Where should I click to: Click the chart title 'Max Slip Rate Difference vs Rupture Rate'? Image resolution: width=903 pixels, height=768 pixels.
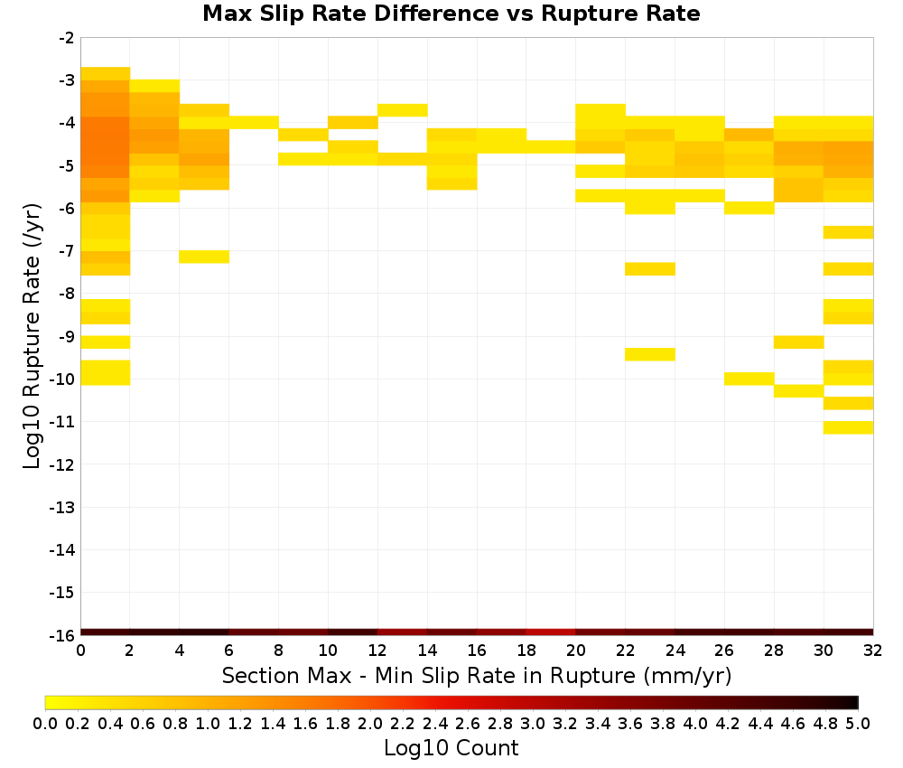tap(451, 14)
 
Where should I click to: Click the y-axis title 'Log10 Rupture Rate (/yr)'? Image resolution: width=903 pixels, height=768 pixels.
tap(32, 336)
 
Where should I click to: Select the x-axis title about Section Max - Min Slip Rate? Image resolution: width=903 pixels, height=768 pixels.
tap(476, 675)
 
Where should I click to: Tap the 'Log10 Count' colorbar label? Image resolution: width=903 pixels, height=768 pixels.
tap(451, 748)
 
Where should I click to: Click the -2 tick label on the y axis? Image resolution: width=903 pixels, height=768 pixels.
tap(66, 38)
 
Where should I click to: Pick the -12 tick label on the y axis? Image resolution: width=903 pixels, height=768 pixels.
tap(62, 464)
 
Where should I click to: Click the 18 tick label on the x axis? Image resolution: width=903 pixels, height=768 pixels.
tap(526, 651)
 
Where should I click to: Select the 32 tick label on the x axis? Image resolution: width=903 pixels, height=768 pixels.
tap(872, 651)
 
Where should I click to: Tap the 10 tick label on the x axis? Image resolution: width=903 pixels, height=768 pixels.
tap(328, 651)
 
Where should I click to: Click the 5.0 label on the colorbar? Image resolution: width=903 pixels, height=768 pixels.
tap(858, 723)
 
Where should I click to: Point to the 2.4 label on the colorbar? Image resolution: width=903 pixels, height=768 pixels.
tap(435, 723)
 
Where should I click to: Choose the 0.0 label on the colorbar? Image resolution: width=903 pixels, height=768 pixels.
tap(45, 723)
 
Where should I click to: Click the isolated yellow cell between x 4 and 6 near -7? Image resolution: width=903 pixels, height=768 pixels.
tap(204, 257)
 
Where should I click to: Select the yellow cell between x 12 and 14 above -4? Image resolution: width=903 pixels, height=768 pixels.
tap(403, 110)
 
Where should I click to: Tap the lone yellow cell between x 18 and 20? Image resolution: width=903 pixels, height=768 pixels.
tap(551, 147)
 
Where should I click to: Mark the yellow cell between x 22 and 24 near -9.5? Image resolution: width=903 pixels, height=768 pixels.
tap(650, 354)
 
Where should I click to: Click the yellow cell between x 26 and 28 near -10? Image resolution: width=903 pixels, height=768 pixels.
tap(749, 379)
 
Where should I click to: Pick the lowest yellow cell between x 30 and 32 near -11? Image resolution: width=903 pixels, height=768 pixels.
tap(848, 427)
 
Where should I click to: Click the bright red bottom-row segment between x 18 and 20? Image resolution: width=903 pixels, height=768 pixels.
tap(551, 632)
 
